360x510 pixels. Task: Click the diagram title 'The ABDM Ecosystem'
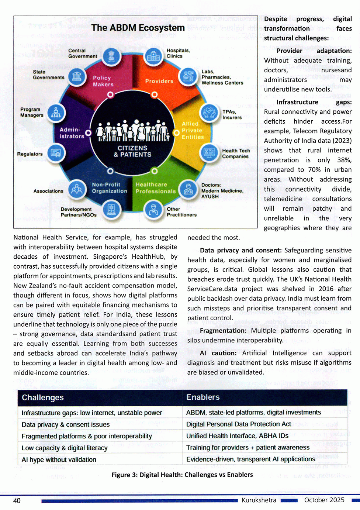(x=138, y=28)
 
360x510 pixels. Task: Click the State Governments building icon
(x=77, y=77)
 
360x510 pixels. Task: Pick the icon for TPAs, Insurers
(x=209, y=112)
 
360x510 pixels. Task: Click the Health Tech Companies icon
(x=209, y=152)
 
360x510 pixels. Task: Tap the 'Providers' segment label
(x=159, y=81)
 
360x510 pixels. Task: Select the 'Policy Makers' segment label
(x=103, y=81)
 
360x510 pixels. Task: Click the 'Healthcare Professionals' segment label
(x=155, y=188)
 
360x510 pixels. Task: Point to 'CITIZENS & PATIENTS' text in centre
(x=132, y=151)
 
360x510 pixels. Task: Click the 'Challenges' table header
(x=43, y=397)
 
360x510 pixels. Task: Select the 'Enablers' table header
(x=203, y=397)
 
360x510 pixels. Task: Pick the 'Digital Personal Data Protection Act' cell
(x=239, y=424)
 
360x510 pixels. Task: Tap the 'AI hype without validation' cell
(x=59, y=459)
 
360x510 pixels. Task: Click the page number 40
(x=17, y=500)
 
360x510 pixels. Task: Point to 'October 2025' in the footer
(x=324, y=500)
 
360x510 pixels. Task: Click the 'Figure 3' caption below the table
(x=182, y=475)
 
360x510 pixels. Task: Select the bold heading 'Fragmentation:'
(x=223, y=331)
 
